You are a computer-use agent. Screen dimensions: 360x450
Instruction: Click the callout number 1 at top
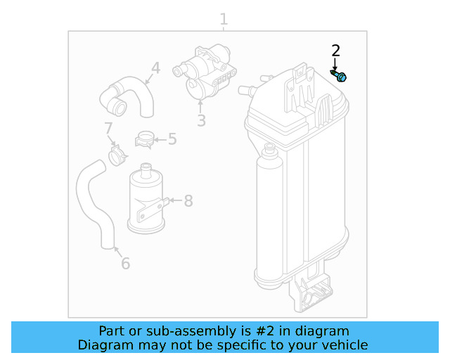224,19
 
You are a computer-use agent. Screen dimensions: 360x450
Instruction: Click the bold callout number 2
335,50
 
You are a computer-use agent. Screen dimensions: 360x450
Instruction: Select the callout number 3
201,121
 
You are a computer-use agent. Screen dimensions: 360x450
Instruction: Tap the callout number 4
155,68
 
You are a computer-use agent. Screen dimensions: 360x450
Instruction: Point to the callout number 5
172,139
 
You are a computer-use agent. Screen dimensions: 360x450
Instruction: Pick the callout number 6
125,264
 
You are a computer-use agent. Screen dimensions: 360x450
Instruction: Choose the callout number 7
108,129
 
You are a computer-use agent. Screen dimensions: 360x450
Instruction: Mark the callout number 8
188,201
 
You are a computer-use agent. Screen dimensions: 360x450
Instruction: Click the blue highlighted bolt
340,75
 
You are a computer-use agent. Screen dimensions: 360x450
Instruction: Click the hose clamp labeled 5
145,140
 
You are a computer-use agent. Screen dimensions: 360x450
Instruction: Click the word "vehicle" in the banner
345,345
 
